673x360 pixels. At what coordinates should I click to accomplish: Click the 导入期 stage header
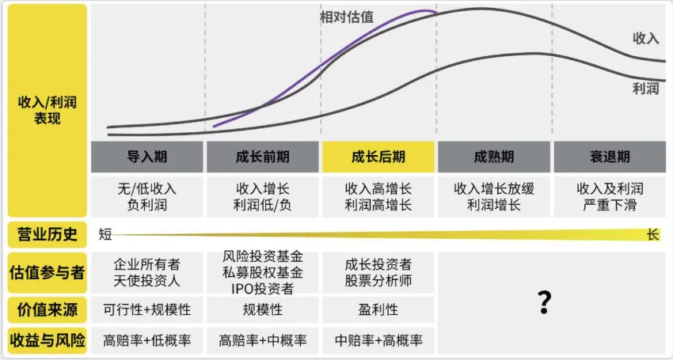coord(147,157)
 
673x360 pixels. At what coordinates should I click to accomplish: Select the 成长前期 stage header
coord(263,157)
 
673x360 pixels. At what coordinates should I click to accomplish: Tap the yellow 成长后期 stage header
coord(378,157)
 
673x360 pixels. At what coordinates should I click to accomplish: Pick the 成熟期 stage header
coord(494,157)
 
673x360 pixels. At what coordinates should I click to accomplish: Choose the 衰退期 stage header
coord(610,157)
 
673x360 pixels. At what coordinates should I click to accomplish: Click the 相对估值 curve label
coord(347,17)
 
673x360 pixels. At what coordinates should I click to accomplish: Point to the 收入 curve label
coord(645,37)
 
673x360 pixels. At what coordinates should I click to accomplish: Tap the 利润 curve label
coord(645,89)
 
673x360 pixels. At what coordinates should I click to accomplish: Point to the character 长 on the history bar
coord(652,234)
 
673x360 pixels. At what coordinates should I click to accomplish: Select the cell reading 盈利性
coord(378,309)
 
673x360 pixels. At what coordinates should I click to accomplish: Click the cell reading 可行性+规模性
coord(147,309)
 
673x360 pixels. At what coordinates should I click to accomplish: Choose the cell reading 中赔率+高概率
coord(378,341)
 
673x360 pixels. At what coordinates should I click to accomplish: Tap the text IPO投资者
coord(263,288)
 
